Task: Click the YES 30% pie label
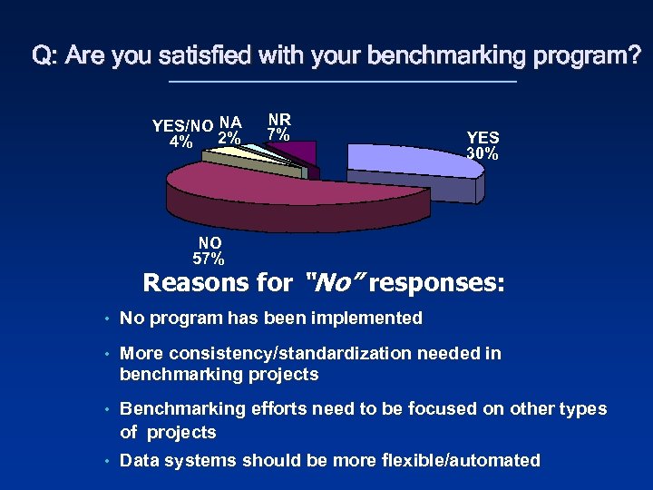coord(482,145)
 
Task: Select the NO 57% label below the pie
coord(210,251)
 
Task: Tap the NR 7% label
coord(278,127)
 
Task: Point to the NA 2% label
coord(229,131)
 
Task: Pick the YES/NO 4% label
coord(182,133)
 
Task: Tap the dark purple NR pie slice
coord(301,153)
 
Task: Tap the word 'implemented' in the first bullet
coord(372,318)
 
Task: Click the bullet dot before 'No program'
coord(107,318)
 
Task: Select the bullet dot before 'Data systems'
coord(107,461)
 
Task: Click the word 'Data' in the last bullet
coord(139,460)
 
